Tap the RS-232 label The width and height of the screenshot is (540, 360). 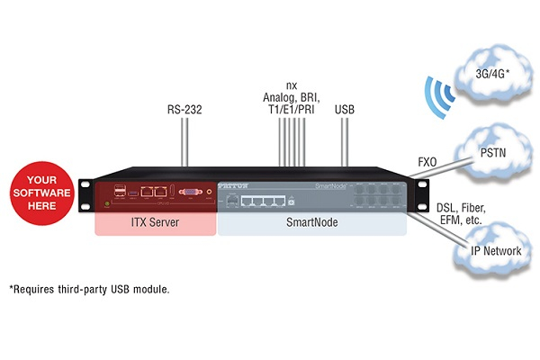[x=184, y=111]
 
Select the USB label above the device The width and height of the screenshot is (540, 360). [x=345, y=111]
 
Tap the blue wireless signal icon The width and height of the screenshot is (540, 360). [x=437, y=95]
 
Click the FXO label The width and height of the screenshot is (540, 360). [x=427, y=163]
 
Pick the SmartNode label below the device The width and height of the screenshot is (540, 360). [x=310, y=220]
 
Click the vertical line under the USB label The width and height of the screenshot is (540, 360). [x=345, y=142]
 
